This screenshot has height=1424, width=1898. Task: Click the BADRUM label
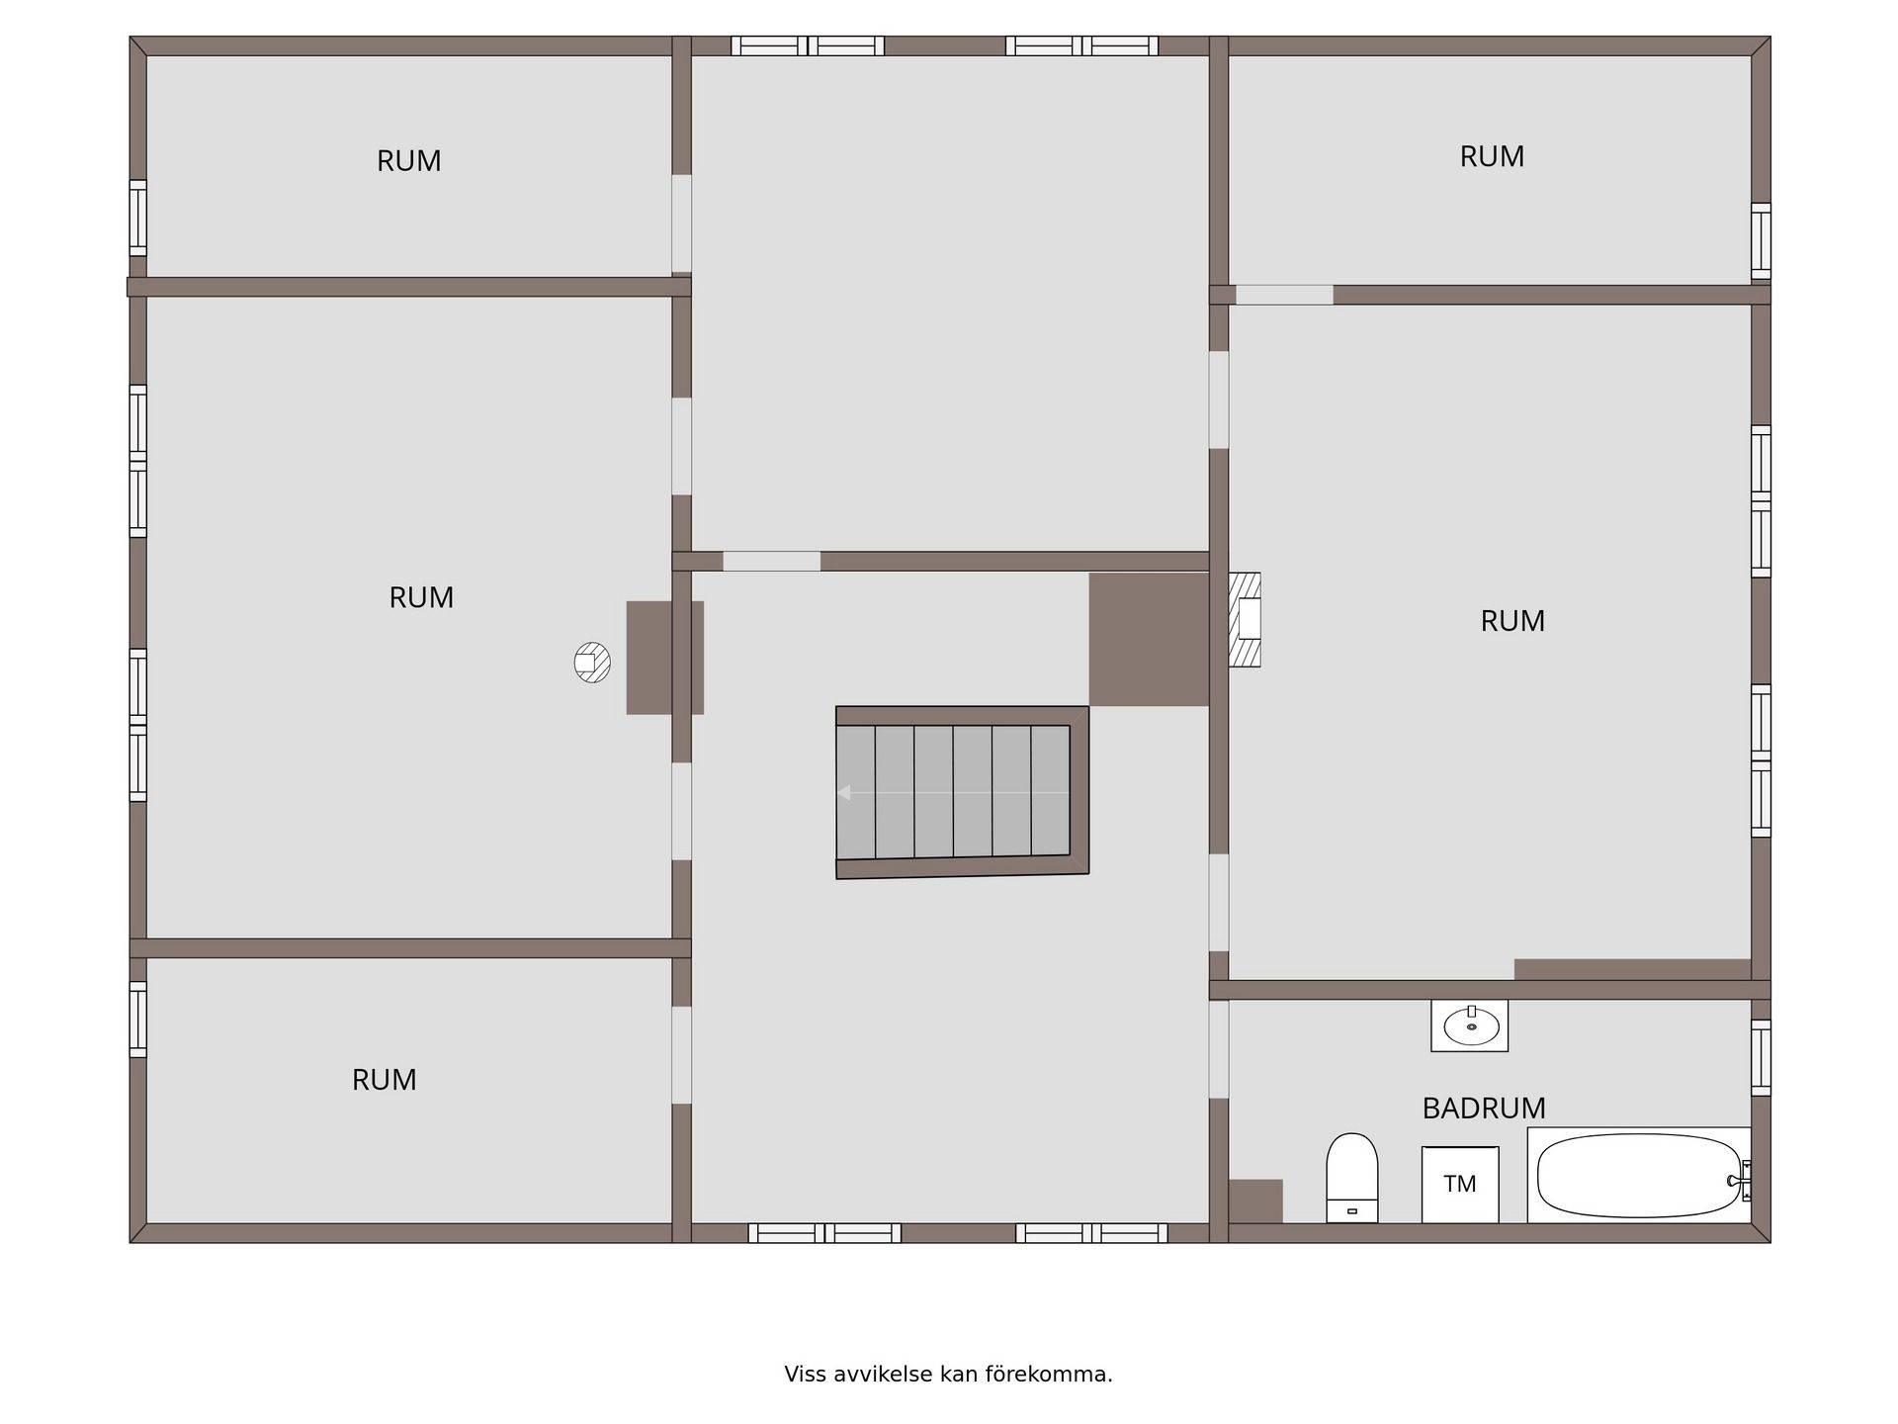[1483, 1109]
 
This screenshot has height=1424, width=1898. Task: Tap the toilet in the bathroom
[1351, 1178]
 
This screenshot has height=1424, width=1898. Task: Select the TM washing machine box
[1460, 1185]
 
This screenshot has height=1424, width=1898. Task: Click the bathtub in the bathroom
[1639, 1175]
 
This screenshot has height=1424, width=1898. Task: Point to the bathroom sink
[1470, 1025]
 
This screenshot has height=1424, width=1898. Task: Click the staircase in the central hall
[962, 792]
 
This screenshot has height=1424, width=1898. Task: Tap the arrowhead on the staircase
[843, 792]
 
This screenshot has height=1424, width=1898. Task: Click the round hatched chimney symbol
[592, 663]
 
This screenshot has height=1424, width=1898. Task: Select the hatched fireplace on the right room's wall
[1245, 619]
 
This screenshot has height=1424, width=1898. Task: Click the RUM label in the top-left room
[408, 161]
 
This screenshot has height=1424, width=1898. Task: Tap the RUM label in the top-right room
[1492, 156]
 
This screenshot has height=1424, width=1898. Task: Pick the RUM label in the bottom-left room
[384, 1080]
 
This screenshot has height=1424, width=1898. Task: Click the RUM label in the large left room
[421, 597]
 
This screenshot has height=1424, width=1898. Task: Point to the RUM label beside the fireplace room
[1512, 621]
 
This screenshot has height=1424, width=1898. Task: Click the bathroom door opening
[1219, 1049]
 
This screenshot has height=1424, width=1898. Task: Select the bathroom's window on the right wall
[1761, 1057]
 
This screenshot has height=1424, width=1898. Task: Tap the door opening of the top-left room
[681, 223]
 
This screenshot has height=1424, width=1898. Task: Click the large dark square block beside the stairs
[1149, 639]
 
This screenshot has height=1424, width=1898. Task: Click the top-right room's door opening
[1284, 295]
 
